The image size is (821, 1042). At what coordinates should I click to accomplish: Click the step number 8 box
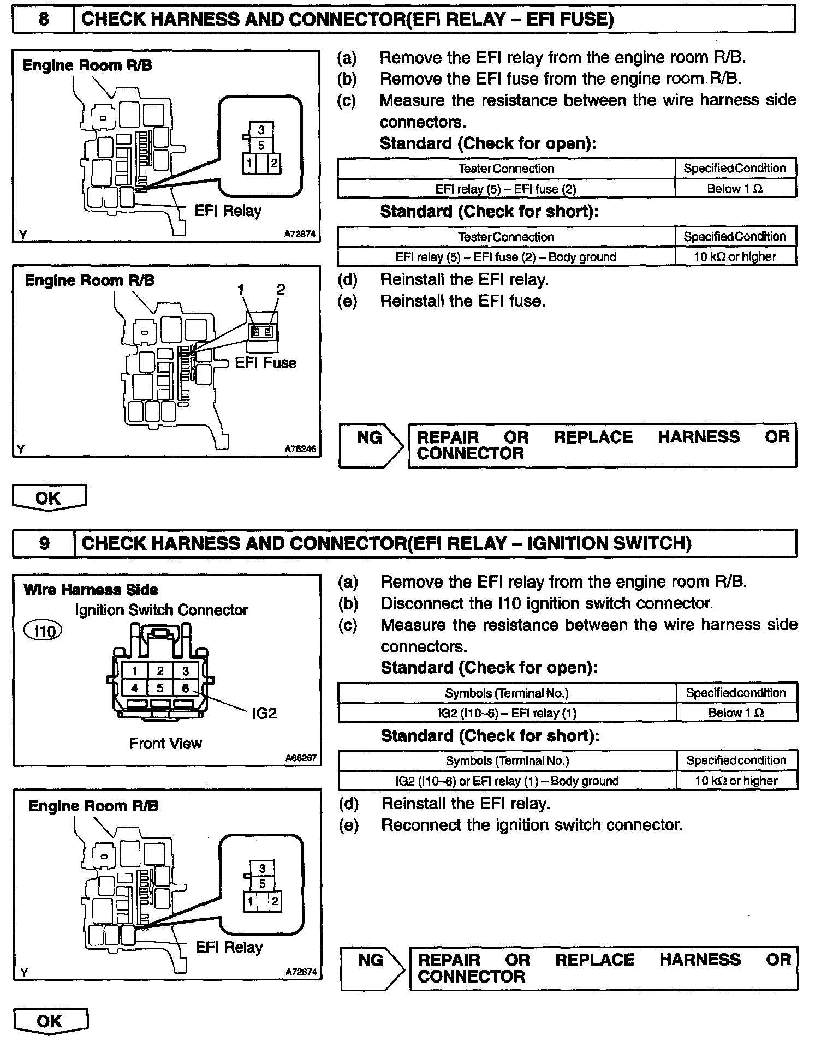43,20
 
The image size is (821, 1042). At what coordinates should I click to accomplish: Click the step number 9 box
44,543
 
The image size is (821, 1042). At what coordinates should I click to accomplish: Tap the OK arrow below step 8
49,498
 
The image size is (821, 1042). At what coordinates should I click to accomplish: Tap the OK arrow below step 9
50,1021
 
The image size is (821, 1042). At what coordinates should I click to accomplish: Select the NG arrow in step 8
371,445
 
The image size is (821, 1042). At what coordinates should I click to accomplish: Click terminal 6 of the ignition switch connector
186,688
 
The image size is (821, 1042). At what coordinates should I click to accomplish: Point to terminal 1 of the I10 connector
134,671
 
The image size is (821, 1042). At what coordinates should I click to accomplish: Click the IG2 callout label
264,713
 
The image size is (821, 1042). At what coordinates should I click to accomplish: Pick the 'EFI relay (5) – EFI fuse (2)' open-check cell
506,189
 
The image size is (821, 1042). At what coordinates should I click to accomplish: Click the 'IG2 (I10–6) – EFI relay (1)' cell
507,713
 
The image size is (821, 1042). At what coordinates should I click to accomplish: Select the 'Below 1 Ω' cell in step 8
735,189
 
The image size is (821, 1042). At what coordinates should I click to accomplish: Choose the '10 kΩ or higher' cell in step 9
736,781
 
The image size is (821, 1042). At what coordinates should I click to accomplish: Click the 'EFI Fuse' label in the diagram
266,363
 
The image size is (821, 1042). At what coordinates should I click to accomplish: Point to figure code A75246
300,450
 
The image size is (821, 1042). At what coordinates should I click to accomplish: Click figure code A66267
301,758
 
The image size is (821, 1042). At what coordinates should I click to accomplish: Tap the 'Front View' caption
165,744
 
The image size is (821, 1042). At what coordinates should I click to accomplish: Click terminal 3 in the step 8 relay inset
261,130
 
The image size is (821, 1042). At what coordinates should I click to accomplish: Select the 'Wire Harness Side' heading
91,590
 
